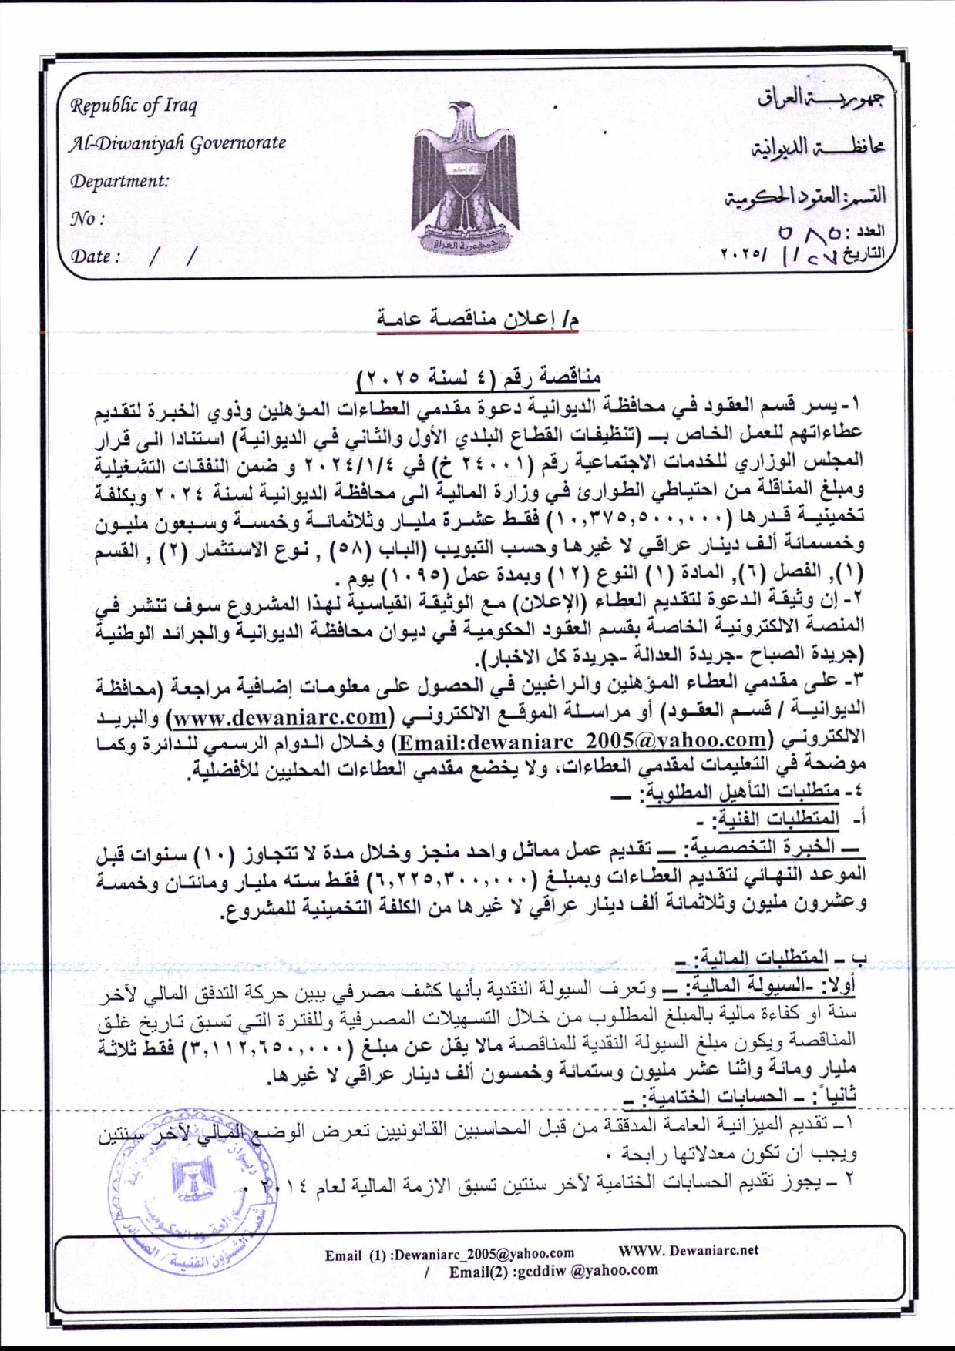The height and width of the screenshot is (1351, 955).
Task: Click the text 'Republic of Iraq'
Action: pyautogui.click(x=134, y=106)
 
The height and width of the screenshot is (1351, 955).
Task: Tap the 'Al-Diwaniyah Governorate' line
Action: pyautogui.click(x=178, y=143)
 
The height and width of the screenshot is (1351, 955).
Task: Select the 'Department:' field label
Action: pyautogui.click(x=119, y=182)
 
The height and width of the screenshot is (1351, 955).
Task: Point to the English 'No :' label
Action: pyautogui.click(x=87, y=219)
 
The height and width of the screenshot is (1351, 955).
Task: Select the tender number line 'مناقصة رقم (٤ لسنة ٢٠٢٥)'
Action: pyautogui.click(x=479, y=377)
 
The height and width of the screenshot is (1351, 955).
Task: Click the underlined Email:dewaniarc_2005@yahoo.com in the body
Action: pyautogui.click(x=580, y=740)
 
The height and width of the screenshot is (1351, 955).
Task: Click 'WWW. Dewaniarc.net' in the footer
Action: pyautogui.click(x=688, y=1249)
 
